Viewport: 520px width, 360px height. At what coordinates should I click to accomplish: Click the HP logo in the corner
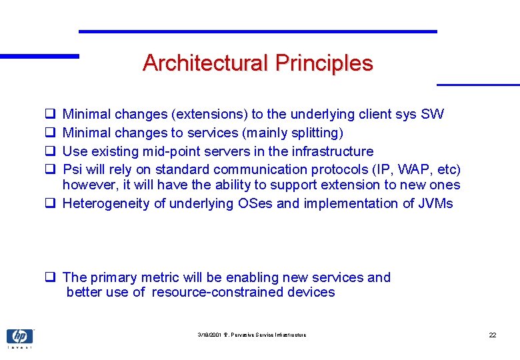coord(19,337)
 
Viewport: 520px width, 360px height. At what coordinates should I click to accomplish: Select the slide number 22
coord(492,335)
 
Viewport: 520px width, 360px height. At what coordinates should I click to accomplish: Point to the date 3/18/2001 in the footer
coord(210,335)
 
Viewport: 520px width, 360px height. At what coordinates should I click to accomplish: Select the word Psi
coord(72,169)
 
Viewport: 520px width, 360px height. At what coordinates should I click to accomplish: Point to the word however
coord(88,185)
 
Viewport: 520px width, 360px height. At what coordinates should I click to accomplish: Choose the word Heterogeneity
coord(106,203)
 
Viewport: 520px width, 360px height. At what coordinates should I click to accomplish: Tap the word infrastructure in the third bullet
coord(331,151)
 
